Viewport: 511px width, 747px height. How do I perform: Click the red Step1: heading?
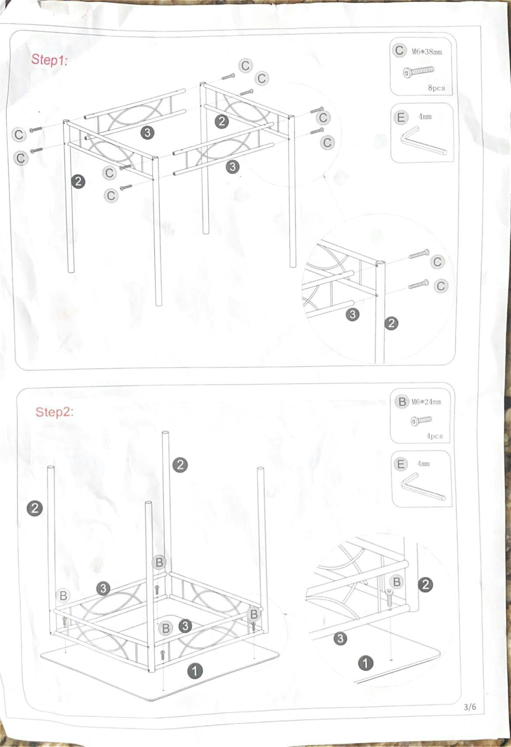click(49, 60)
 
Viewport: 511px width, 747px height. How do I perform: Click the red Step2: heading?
click(54, 412)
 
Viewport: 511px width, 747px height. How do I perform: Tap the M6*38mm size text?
click(427, 52)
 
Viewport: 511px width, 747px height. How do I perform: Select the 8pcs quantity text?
click(437, 88)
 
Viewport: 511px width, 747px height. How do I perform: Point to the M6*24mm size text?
click(426, 402)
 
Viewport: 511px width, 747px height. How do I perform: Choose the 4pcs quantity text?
click(435, 436)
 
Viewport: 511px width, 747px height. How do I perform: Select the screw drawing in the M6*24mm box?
click(421, 420)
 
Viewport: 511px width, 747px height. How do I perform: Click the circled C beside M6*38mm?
click(399, 50)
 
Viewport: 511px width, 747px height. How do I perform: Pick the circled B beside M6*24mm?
click(402, 401)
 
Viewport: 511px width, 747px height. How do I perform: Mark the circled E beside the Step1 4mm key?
click(400, 117)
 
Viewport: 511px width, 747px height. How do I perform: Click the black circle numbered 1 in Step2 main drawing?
click(195, 671)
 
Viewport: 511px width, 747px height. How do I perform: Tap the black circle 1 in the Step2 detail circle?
click(366, 664)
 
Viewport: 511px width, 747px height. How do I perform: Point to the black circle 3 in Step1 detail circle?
click(353, 314)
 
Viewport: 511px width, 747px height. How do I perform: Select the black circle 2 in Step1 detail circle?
click(391, 323)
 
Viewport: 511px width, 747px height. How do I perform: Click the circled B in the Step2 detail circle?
click(396, 582)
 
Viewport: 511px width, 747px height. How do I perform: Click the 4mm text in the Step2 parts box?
click(423, 463)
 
